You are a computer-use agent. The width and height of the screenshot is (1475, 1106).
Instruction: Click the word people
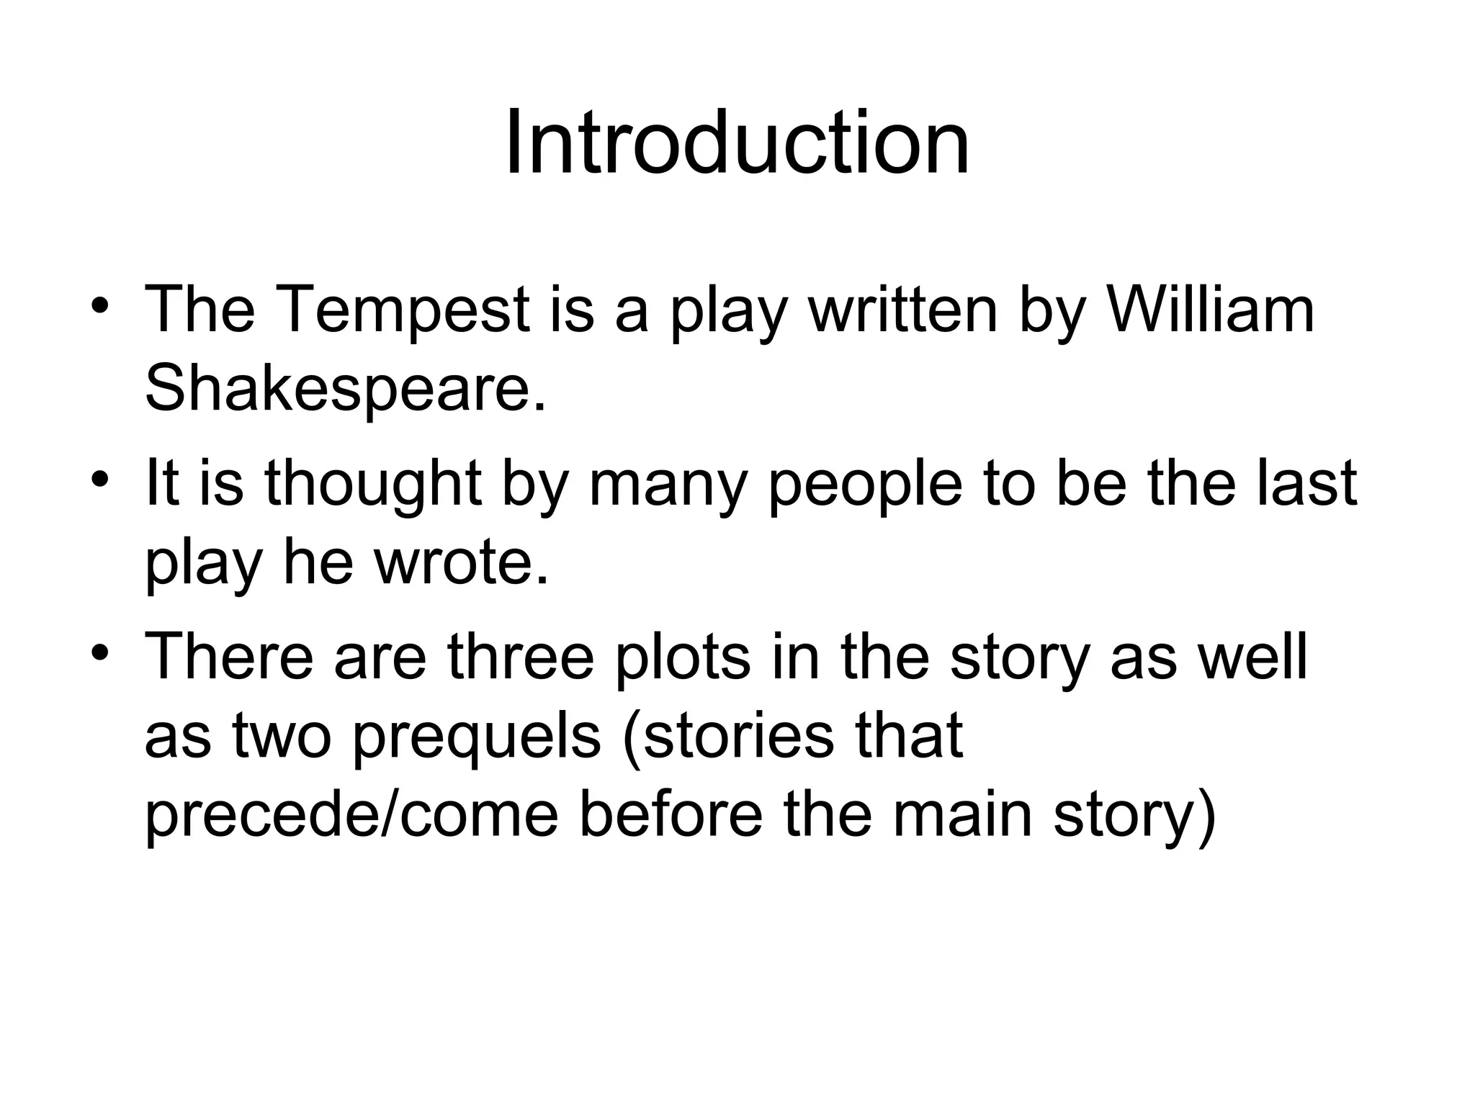[x=865, y=484]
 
